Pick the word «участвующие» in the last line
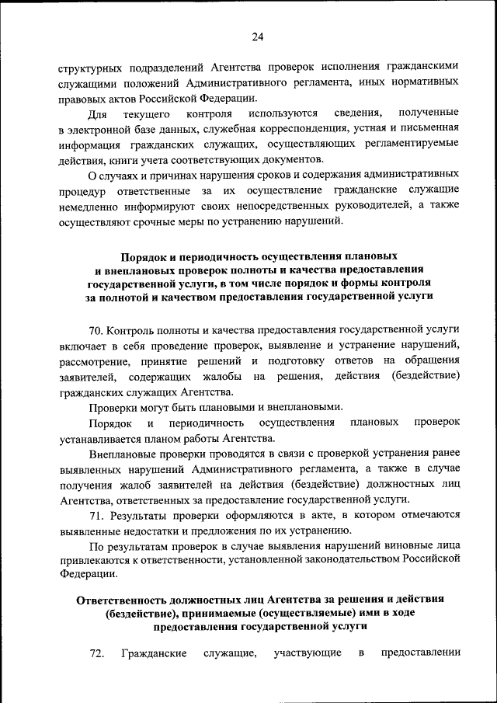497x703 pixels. tap(308, 653)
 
